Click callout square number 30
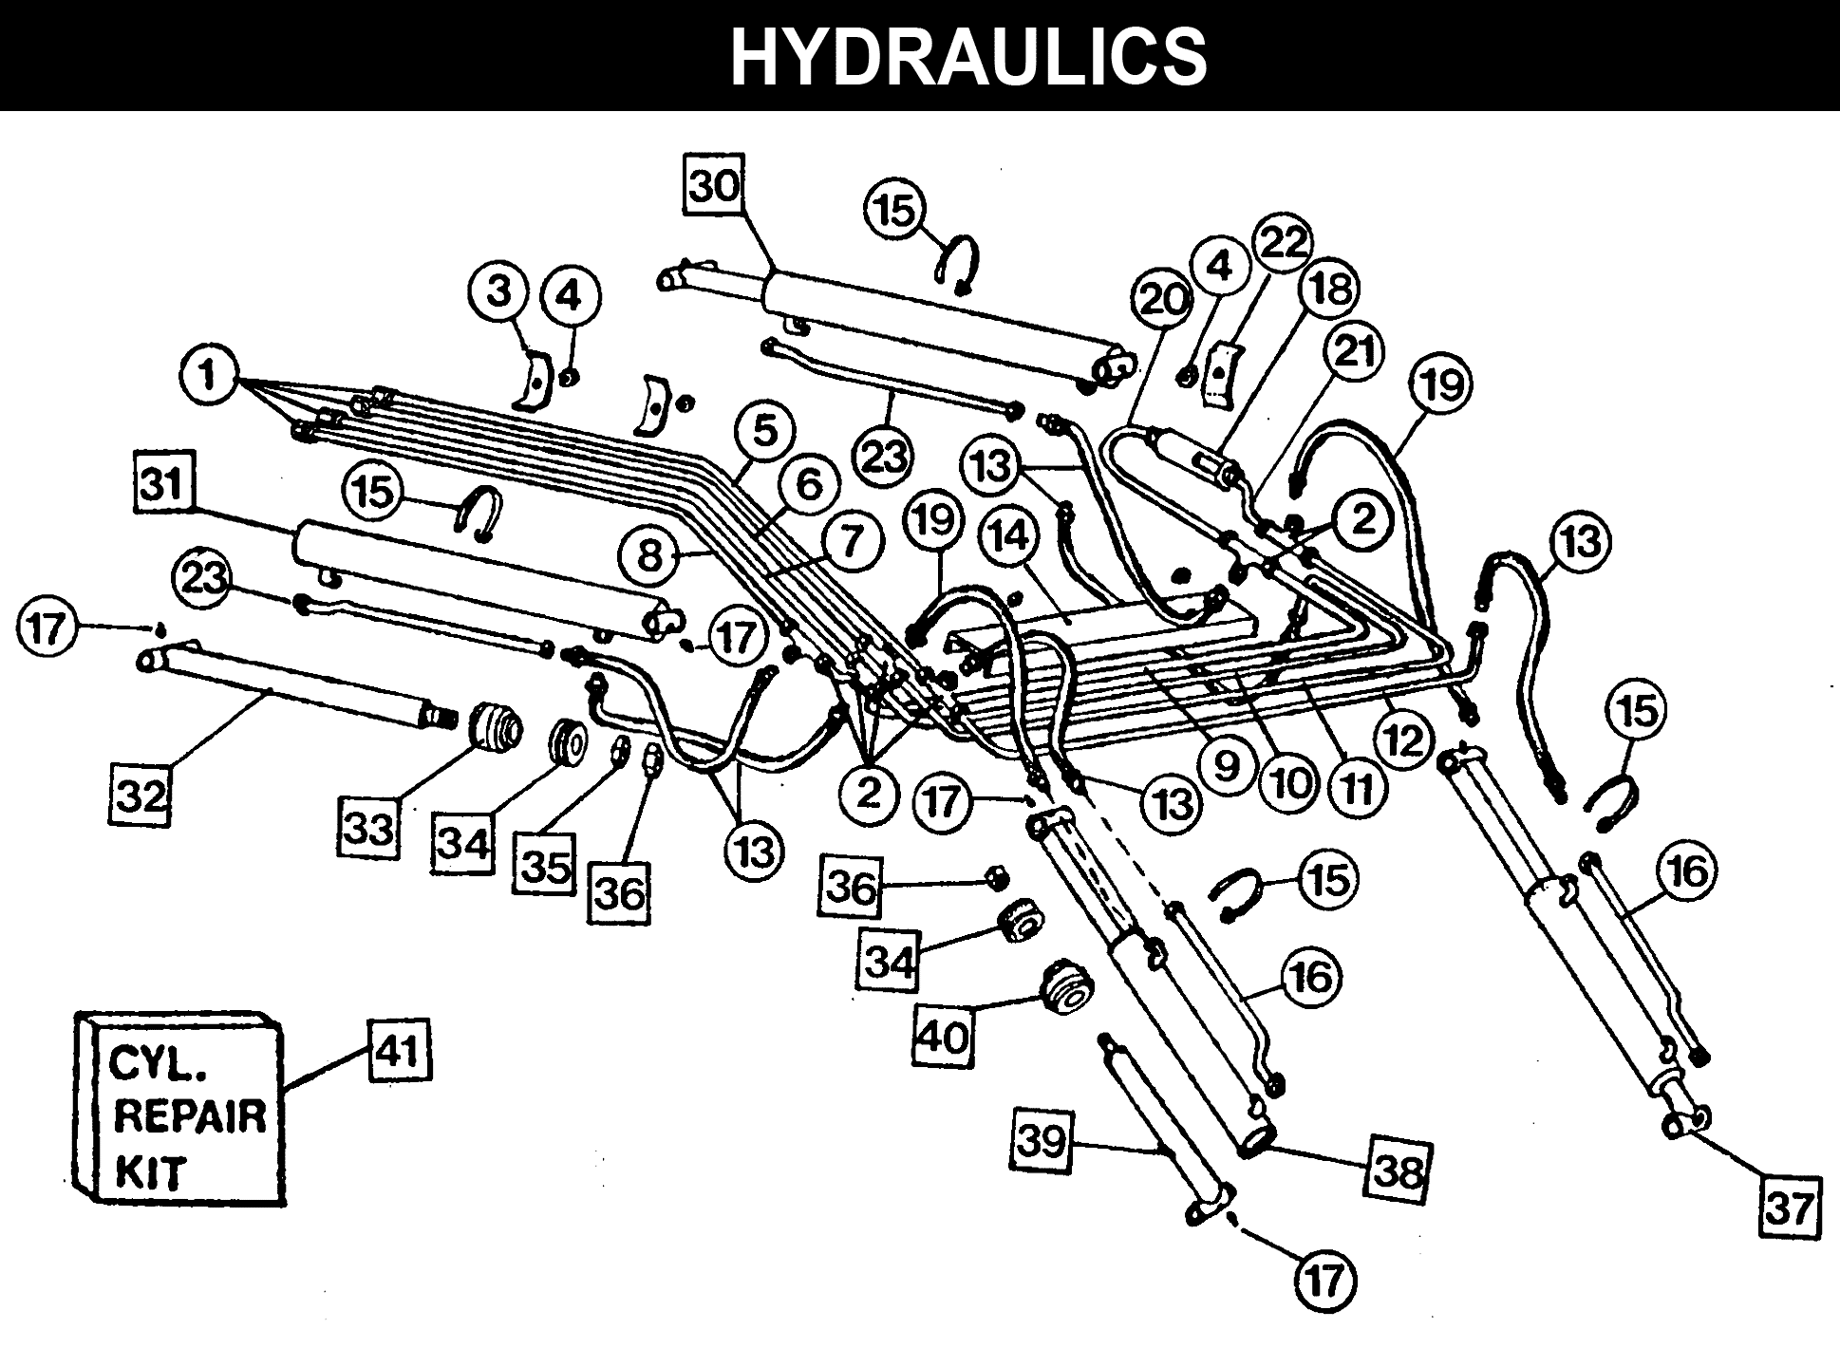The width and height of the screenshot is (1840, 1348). (x=715, y=187)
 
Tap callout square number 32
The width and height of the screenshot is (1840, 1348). (x=142, y=796)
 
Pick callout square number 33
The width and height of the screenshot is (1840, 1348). (x=369, y=829)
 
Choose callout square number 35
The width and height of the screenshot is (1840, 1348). (x=545, y=865)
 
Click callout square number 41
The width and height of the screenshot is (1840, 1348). (x=398, y=1051)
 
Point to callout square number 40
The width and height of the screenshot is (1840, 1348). (x=944, y=1036)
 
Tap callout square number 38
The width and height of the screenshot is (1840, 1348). (x=1398, y=1171)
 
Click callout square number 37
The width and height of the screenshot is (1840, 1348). (x=1790, y=1208)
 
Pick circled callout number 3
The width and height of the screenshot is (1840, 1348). (x=500, y=291)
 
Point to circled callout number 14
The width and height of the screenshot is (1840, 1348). (x=1010, y=536)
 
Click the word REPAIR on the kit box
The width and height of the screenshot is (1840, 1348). (x=190, y=1117)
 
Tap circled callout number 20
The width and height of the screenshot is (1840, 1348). (x=1163, y=300)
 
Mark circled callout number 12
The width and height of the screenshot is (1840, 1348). (x=1402, y=738)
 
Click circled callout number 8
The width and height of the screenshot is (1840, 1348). (x=649, y=554)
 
